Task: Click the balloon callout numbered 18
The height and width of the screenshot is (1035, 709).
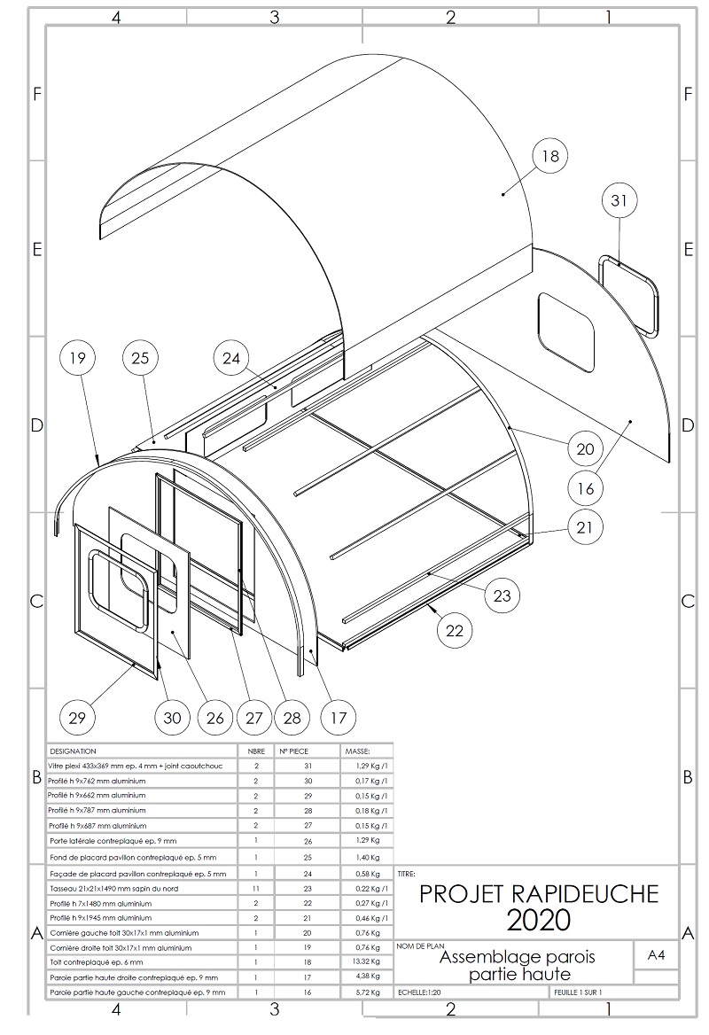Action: [x=549, y=157]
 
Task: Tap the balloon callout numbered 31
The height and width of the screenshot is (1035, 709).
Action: [x=619, y=201]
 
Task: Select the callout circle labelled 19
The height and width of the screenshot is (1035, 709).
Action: [x=77, y=359]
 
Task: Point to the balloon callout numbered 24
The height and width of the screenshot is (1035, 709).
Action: [x=232, y=359]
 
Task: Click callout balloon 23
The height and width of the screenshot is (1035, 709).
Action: [x=502, y=595]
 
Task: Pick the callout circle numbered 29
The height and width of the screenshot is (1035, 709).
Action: [x=77, y=716]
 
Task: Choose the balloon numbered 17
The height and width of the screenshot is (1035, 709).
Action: [x=338, y=716]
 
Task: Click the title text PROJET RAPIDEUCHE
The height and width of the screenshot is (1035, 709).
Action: [x=539, y=893]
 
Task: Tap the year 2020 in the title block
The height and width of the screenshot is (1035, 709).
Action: [x=539, y=921]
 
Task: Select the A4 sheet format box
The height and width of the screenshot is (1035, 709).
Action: [x=657, y=955]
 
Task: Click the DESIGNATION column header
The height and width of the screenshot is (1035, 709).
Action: [x=74, y=751]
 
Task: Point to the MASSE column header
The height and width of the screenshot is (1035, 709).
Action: [x=357, y=751]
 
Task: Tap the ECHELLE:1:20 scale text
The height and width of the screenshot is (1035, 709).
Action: [x=422, y=992]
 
